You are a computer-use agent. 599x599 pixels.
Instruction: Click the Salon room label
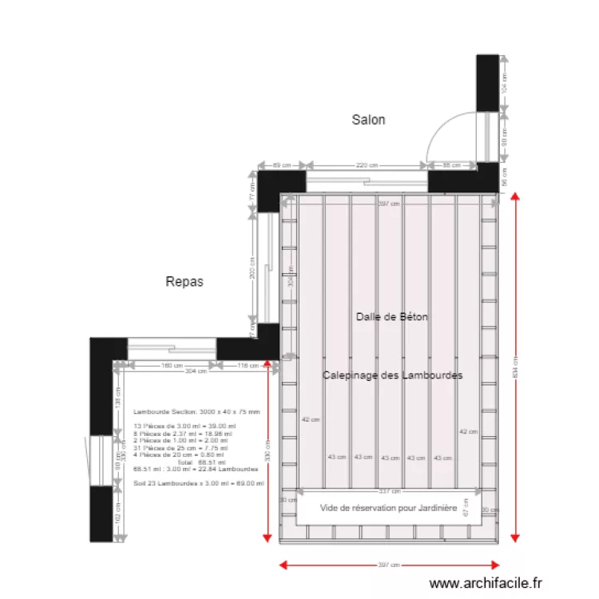(368, 120)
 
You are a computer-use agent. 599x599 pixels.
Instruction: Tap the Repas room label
(184, 281)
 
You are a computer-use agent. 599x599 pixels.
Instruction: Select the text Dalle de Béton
(391, 317)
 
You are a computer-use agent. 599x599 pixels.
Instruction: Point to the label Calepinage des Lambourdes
(392, 375)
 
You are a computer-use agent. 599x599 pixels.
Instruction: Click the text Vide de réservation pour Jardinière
(388, 508)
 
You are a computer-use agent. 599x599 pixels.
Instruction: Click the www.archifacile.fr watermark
(486, 584)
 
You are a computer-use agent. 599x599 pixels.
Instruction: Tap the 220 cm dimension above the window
(367, 165)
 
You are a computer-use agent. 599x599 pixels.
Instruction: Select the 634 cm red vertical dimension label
(516, 367)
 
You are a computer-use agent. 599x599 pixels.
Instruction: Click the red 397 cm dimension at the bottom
(389, 565)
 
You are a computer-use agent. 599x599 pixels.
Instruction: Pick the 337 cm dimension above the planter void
(389, 491)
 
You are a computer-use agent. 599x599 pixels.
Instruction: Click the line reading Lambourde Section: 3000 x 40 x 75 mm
(196, 411)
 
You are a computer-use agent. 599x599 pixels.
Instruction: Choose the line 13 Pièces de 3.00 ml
(180, 426)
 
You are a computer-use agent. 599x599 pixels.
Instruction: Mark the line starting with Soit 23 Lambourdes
(199, 482)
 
